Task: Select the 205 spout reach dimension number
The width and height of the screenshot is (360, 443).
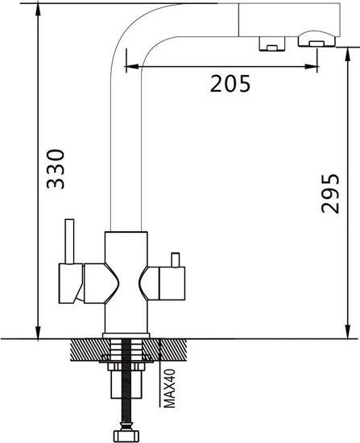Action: (x=229, y=83)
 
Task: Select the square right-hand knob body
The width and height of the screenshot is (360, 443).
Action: (x=172, y=284)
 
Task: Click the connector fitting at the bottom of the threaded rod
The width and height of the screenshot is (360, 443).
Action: (x=127, y=434)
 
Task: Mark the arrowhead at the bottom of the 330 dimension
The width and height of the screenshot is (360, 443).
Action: (x=38, y=333)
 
